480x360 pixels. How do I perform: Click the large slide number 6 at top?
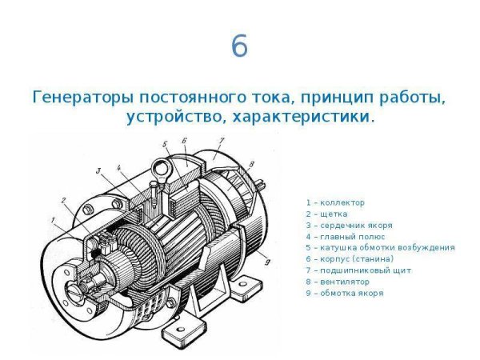239,47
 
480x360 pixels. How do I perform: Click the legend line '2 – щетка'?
328,214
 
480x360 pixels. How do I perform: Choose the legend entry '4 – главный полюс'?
343,236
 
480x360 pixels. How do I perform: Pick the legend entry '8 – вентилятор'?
339,281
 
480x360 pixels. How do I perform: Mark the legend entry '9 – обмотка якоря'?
344,292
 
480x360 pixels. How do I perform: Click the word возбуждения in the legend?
426,247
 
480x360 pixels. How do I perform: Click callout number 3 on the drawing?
98,170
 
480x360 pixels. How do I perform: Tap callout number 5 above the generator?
164,145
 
